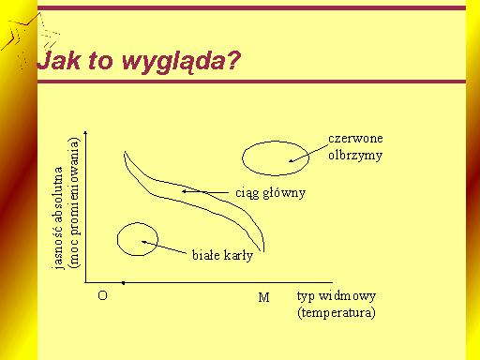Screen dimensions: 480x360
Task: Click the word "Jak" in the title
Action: pos(58,60)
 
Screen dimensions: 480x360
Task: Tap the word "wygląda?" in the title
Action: pos(181,62)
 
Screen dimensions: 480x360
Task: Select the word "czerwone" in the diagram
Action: pos(355,139)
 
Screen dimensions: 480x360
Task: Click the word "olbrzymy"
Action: pos(355,156)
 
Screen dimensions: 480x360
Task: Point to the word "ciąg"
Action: pos(247,193)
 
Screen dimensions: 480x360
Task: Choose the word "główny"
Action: pos(284,193)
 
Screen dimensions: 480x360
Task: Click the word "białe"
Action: pos(205,255)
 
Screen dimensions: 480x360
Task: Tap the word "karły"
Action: pos(238,256)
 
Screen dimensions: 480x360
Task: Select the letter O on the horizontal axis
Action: pos(102,295)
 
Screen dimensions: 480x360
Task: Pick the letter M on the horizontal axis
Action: pos(263,297)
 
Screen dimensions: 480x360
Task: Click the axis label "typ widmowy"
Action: pos(337,296)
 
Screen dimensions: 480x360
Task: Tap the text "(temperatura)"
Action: pos(337,313)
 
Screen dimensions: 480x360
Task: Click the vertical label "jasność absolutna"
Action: pos(58,217)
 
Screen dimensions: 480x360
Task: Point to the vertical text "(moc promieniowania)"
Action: pos(74,202)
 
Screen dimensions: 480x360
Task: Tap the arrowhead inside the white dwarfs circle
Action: pos(144,242)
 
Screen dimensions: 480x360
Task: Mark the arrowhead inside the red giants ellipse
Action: pos(291,160)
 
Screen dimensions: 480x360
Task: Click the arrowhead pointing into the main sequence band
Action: pos(185,191)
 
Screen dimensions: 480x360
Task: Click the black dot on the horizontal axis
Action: pos(124,283)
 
